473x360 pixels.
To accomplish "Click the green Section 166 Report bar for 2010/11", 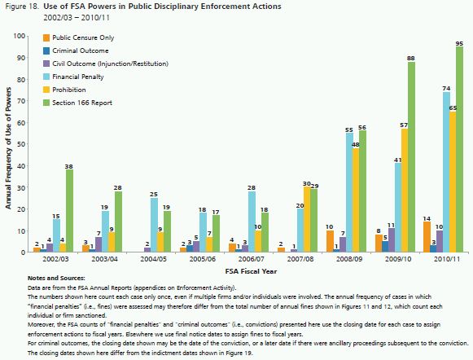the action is [459, 149].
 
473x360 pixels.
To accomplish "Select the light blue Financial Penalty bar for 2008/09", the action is [349, 192].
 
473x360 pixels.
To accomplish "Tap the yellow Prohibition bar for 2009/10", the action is [405, 191].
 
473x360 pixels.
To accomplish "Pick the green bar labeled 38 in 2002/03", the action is [69, 211].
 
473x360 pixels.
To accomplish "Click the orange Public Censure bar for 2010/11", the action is [427, 237].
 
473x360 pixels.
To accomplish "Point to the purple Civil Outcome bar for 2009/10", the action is [392, 240].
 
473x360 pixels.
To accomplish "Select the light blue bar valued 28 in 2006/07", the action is [252, 222].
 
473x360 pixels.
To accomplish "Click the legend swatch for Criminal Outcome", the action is [46, 50].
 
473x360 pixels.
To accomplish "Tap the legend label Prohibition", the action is [69, 90].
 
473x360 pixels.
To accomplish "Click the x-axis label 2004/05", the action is [154, 259].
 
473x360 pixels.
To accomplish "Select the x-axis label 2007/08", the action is [300, 259].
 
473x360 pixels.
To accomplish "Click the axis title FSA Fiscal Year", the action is [251, 271].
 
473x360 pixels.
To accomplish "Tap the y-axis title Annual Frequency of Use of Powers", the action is [8, 148].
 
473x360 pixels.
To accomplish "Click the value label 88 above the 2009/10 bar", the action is [411, 59].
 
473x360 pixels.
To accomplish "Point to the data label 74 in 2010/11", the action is [446, 89].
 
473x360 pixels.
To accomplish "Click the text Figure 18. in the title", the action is [22, 7].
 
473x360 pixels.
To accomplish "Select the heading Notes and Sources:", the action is [56, 278].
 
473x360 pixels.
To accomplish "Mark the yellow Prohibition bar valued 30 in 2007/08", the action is [307, 220].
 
